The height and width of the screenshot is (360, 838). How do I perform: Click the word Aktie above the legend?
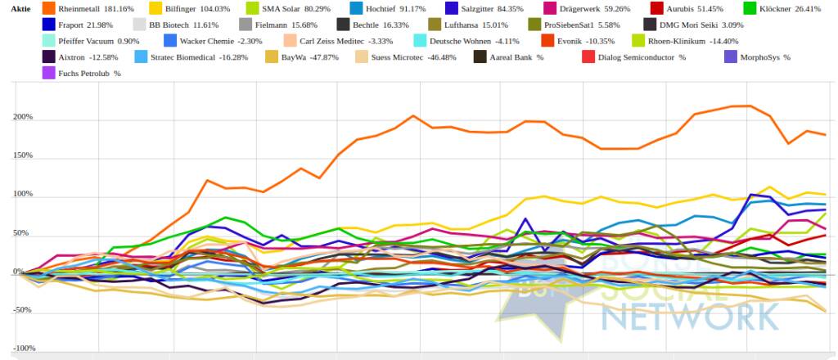20,8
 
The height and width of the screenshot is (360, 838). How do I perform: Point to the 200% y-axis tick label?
22,117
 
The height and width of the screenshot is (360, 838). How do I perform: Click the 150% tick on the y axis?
22,155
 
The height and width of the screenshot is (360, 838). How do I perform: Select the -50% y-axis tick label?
22,310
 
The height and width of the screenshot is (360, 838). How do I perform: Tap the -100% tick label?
20,348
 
